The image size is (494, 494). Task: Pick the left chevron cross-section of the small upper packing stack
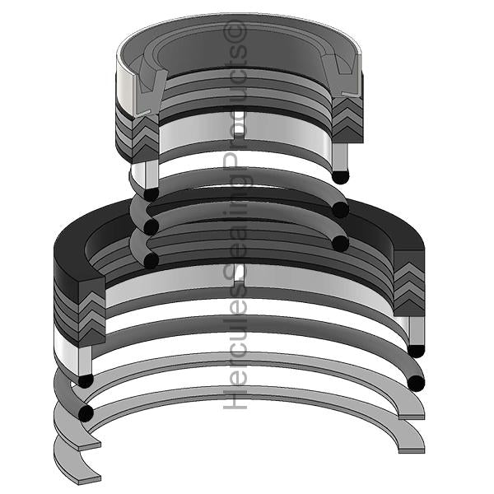(145, 138)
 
